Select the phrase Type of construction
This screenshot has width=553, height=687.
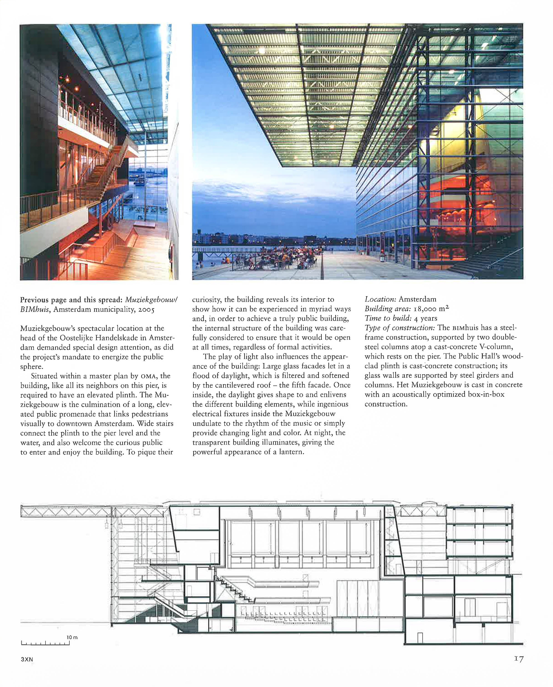[x=400, y=328]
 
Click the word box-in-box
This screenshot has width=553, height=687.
[x=486, y=395]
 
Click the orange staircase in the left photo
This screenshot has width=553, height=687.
[x=99, y=172]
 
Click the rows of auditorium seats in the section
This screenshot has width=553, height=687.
[x=284, y=619]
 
